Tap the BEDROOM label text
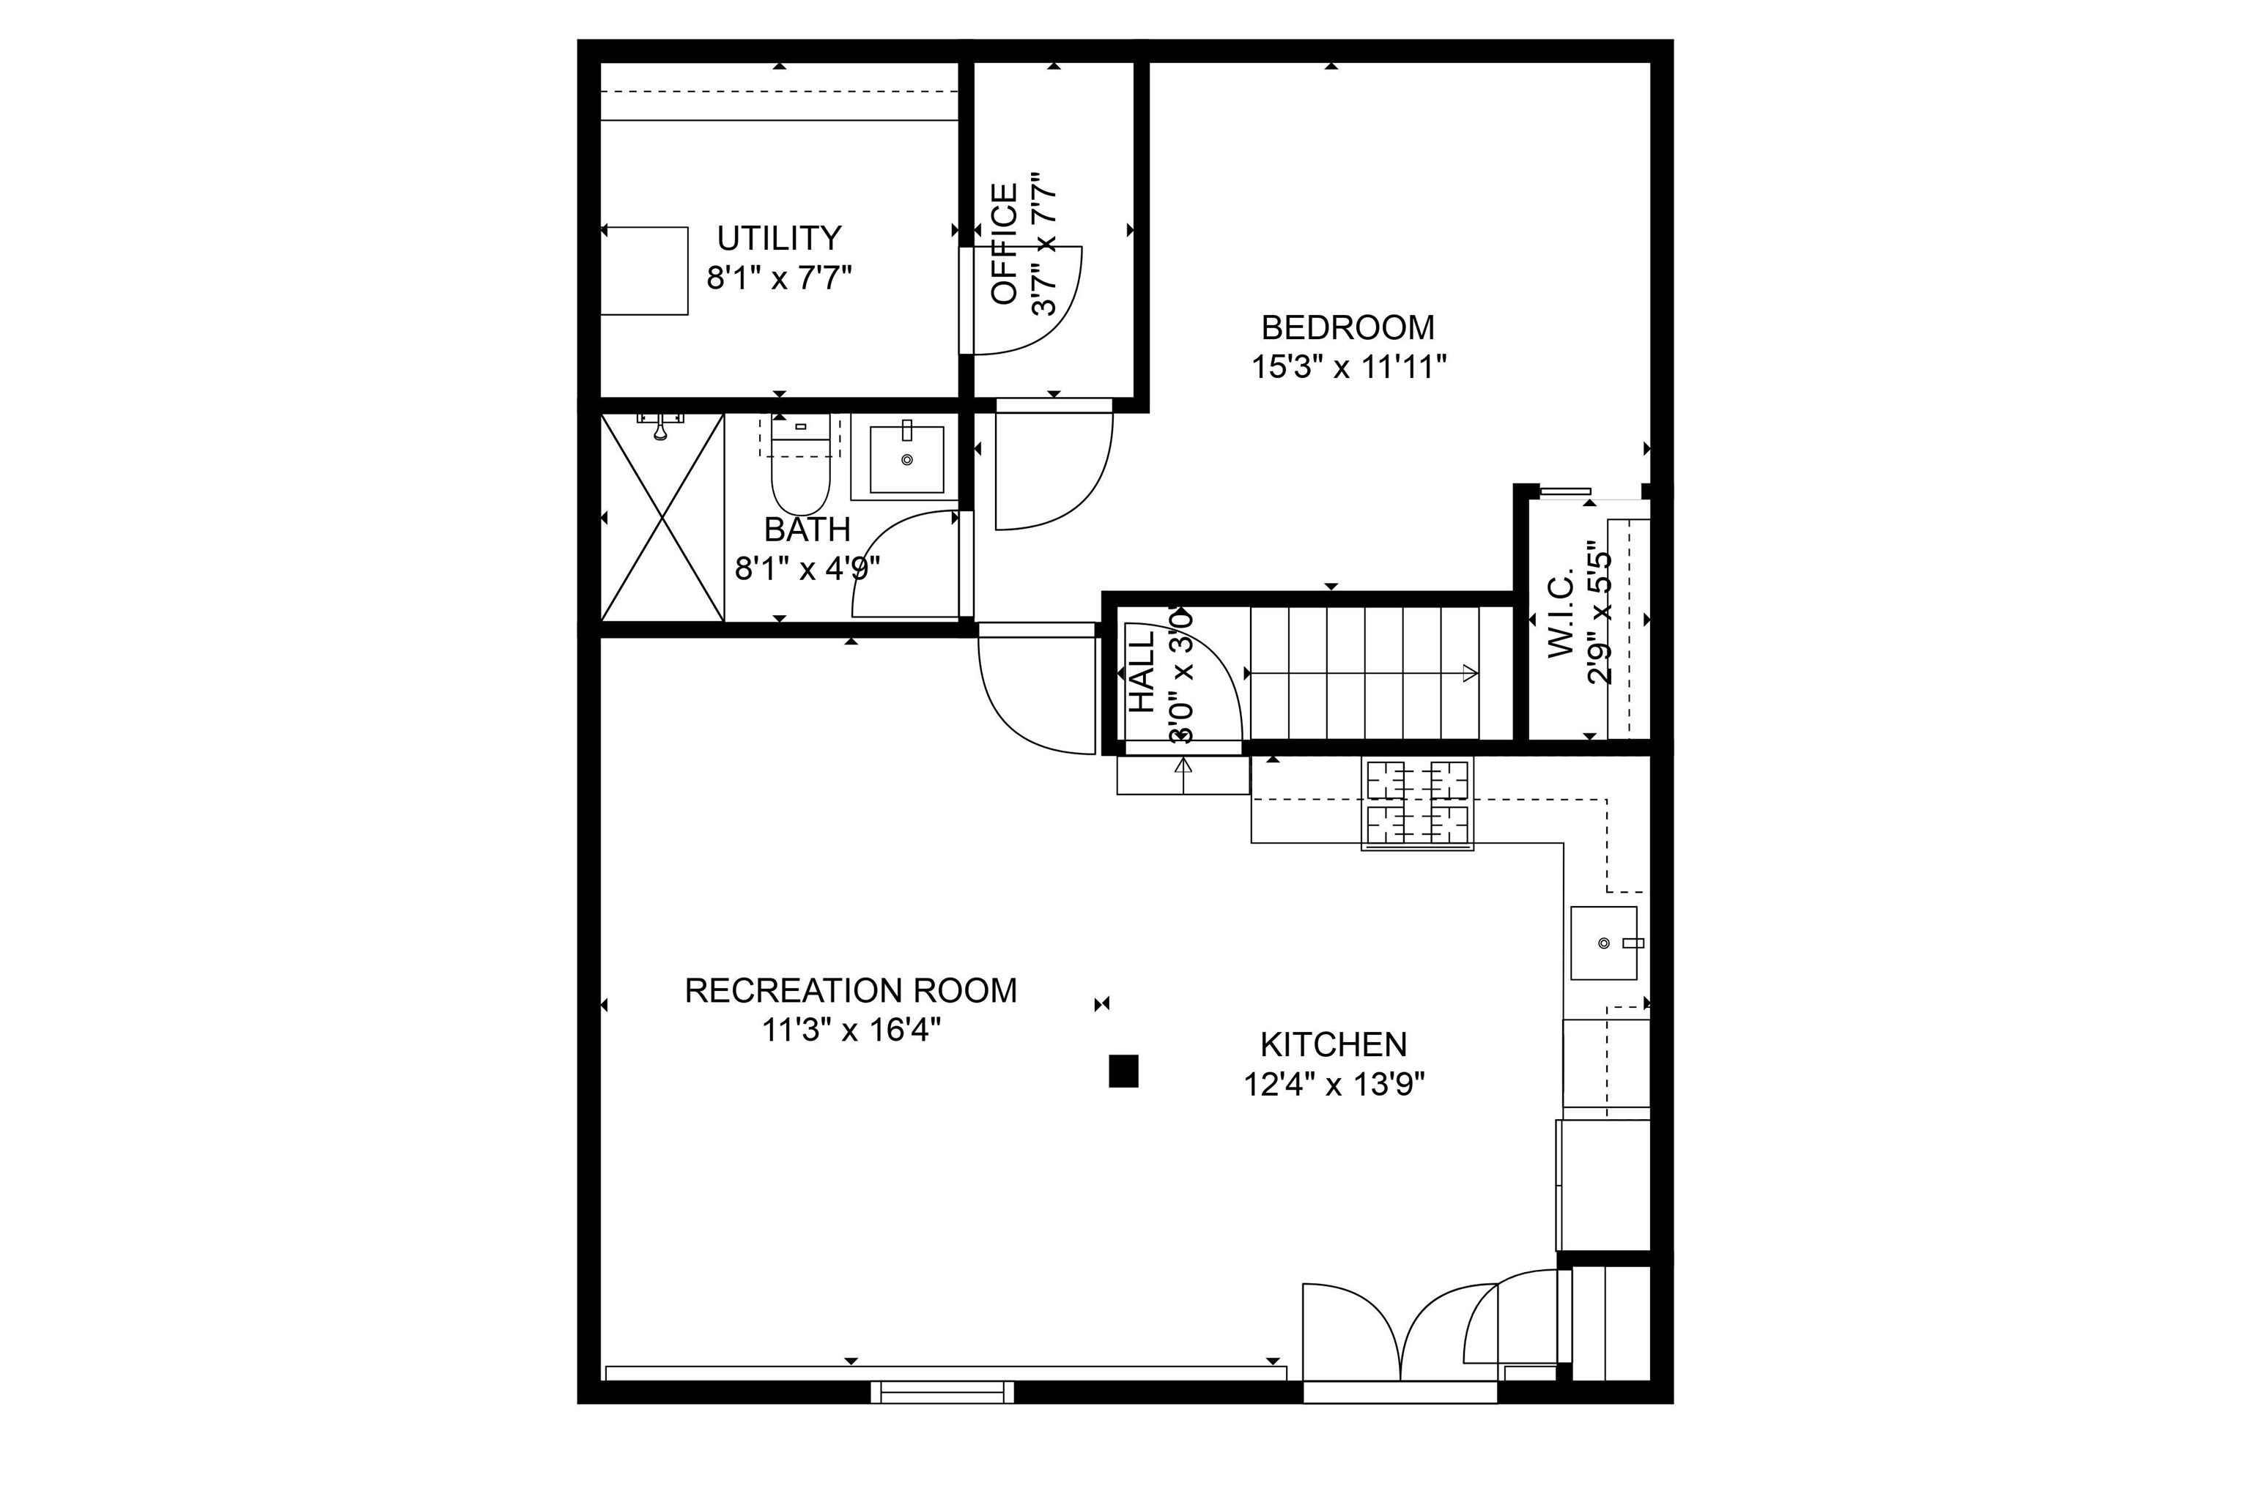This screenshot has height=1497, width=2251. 1348,328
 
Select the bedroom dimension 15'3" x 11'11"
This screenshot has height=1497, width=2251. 1348,368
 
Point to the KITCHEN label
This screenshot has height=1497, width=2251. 1333,1045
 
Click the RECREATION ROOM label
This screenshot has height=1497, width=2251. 851,991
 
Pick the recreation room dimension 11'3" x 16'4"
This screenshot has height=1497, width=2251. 851,1031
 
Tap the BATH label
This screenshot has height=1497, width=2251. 807,529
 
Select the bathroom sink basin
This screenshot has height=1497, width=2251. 906,459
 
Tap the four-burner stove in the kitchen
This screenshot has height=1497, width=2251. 1417,803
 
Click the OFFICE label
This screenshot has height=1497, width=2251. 1005,245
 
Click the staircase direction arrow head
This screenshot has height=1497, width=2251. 1471,673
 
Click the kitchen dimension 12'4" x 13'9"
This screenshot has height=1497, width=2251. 1334,1085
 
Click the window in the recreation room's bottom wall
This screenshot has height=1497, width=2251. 942,1392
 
